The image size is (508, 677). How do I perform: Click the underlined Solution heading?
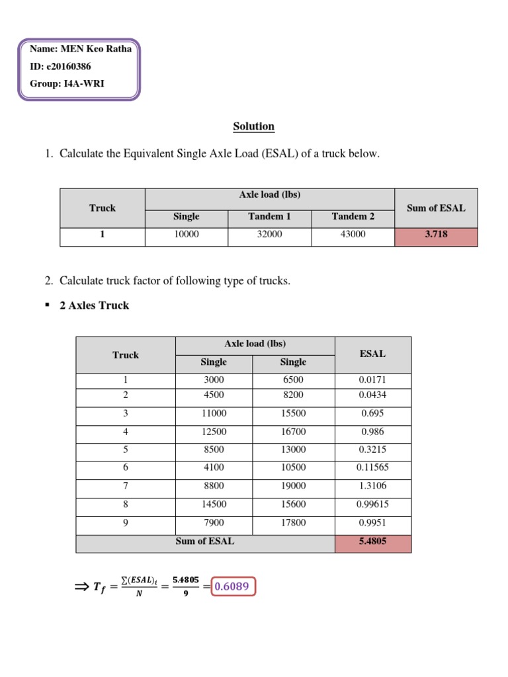(253, 126)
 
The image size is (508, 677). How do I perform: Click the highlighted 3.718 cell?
(435, 234)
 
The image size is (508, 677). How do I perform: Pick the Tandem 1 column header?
(269, 216)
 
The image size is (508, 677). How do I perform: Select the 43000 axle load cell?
(353, 234)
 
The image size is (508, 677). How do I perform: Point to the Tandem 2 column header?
(353, 216)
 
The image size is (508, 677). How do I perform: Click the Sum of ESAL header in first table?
(435, 208)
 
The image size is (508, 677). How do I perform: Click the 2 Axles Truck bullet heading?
(94, 305)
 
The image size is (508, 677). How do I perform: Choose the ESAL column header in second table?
(372, 354)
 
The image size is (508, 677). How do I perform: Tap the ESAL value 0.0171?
(372, 380)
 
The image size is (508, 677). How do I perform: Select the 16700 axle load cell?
(293, 432)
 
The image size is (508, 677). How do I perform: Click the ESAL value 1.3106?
(372, 485)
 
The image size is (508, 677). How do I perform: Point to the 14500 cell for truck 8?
(214, 504)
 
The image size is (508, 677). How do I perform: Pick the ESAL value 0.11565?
(372, 467)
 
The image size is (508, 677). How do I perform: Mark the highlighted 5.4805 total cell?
(372, 541)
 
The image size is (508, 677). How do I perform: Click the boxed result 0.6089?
(233, 587)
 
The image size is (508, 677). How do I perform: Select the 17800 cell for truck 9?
(293, 523)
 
